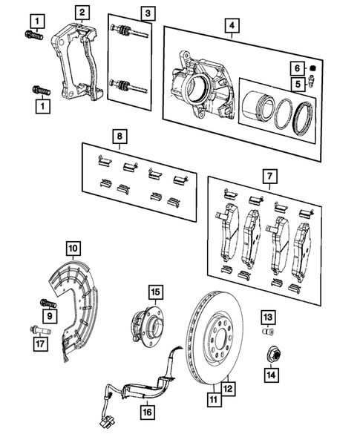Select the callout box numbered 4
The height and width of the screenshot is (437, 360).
coord(234,26)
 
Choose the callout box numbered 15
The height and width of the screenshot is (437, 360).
coord(155,292)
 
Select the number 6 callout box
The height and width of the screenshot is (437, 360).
coord(295,68)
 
